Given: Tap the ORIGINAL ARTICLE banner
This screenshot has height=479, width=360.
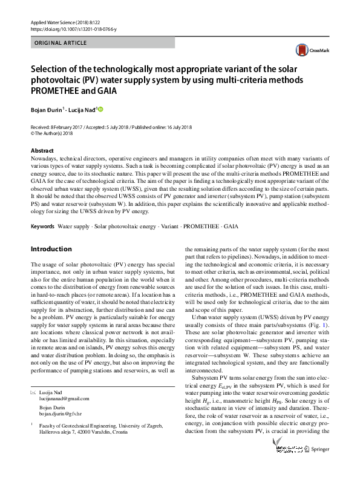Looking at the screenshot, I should coord(61,43).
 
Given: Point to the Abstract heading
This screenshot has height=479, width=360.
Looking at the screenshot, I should coord(42,150).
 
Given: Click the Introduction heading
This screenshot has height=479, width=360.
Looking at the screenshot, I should coord(51,249).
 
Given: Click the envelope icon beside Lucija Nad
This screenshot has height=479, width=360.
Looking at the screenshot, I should coord(33,393).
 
